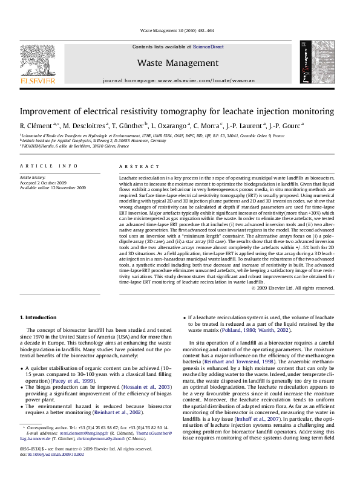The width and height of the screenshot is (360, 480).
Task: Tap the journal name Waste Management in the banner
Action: click(x=177, y=62)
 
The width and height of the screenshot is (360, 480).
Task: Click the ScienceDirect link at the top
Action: click(x=208, y=47)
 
